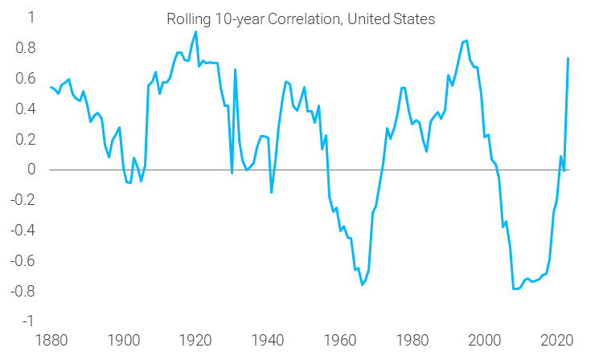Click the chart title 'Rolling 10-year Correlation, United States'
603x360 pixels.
coord(301,19)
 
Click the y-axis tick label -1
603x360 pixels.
coord(27,321)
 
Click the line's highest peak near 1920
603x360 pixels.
coord(195,32)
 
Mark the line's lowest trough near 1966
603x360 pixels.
coord(363,284)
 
